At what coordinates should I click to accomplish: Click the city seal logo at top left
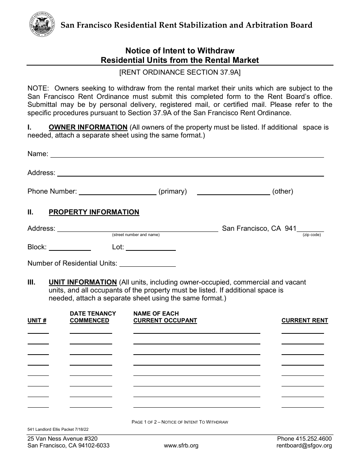point(41,24)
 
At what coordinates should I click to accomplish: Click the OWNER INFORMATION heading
point(88,127)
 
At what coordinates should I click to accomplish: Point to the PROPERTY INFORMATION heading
point(94,212)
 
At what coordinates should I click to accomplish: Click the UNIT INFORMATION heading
point(83,282)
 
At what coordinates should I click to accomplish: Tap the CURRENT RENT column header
point(305,321)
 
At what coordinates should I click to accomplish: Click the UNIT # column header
point(37,321)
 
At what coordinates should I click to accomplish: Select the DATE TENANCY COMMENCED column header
point(93,317)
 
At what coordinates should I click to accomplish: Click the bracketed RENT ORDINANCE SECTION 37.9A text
point(180,72)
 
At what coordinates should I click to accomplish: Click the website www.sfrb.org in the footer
point(181,446)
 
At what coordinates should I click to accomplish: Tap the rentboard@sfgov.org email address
point(304,446)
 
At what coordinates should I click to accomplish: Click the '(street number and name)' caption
point(136,235)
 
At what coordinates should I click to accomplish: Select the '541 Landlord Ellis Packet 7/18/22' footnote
point(53,429)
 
